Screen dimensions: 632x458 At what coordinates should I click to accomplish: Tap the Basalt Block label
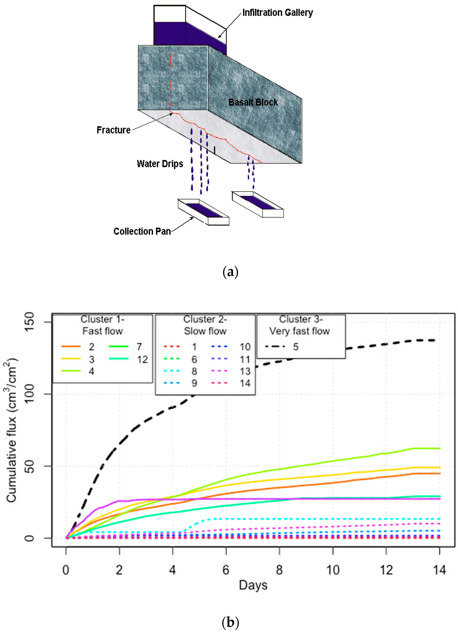(x=253, y=102)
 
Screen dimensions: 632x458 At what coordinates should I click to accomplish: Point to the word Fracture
(x=113, y=130)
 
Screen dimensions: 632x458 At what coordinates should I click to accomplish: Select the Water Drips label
(x=160, y=164)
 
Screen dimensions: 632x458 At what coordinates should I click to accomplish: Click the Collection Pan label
(x=142, y=231)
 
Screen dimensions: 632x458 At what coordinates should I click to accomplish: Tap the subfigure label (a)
(x=230, y=272)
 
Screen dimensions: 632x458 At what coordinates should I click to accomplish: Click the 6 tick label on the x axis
(x=226, y=570)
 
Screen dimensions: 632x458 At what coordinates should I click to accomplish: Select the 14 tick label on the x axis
(x=439, y=570)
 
